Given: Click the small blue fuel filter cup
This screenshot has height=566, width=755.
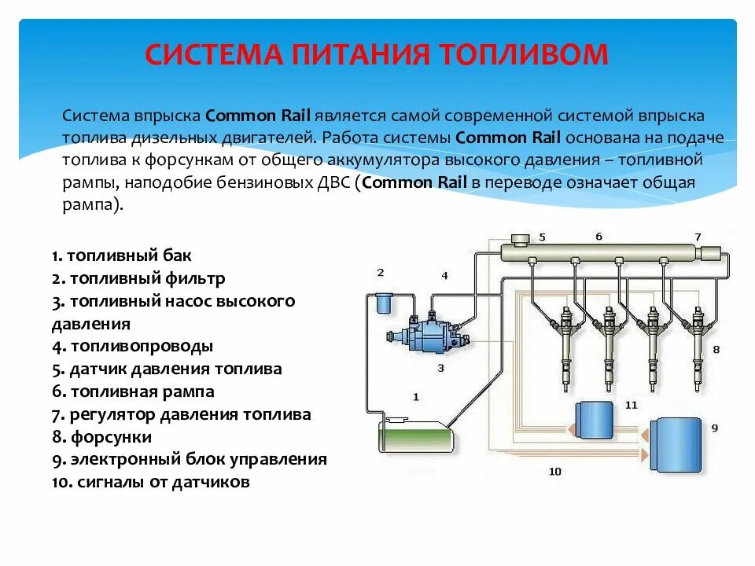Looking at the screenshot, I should click(385, 303).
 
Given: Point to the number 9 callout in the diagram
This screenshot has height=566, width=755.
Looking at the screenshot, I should click(714, 428).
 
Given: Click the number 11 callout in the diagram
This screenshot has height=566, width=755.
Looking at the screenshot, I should click(631, 405).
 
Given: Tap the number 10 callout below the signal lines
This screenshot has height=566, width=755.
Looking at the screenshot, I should click(555, 471).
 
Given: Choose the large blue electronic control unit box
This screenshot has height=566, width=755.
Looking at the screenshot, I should click(677, 445).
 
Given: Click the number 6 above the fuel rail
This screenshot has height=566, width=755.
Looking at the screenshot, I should click(598, 236).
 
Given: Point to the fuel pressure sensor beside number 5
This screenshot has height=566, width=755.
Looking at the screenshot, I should click(520, 239).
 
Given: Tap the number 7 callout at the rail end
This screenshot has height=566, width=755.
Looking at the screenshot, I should click(698, 237).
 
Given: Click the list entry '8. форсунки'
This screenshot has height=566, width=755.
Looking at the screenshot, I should click(102, 437).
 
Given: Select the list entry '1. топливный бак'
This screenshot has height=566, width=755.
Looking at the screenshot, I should click(122, 256).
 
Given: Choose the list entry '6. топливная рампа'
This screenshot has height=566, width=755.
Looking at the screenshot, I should click(133, 391).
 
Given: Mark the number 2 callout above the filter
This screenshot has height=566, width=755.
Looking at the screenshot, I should click(381, 273).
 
